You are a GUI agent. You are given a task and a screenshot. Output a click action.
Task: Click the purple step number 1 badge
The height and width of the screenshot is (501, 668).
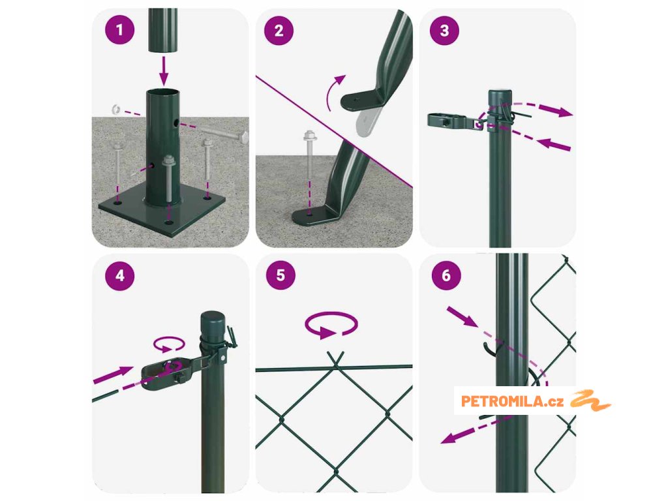point(120,30)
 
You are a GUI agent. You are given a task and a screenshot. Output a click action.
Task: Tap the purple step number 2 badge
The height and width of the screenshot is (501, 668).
point(279,31)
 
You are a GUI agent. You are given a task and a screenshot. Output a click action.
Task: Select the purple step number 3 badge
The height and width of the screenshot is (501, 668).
point(444,31)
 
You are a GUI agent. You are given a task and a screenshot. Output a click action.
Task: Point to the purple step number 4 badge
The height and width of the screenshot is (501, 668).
point(120,276)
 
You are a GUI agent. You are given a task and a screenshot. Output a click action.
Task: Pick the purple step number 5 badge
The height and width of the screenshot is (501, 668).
point(281,275)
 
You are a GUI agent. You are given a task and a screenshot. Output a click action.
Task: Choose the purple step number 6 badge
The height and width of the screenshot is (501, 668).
point(446,275)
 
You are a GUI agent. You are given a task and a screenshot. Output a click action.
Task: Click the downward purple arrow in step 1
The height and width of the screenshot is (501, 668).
point(164,70)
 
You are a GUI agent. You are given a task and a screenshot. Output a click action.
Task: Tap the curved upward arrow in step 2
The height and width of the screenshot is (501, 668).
point(334,91)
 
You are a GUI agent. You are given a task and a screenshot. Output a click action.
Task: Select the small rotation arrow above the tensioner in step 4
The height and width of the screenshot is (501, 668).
point(169,344)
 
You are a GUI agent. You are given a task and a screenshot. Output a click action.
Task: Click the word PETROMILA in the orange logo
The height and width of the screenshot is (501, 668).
point(503,401)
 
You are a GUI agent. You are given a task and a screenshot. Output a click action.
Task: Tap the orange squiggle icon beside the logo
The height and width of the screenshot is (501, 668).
point(590,401)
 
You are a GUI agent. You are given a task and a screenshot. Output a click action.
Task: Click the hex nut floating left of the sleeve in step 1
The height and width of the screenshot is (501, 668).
point(115,110)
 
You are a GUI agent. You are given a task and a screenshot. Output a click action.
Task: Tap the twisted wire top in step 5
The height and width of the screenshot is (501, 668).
point(336,359)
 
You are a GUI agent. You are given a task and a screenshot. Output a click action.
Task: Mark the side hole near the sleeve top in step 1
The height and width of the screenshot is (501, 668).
point(176,123)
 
